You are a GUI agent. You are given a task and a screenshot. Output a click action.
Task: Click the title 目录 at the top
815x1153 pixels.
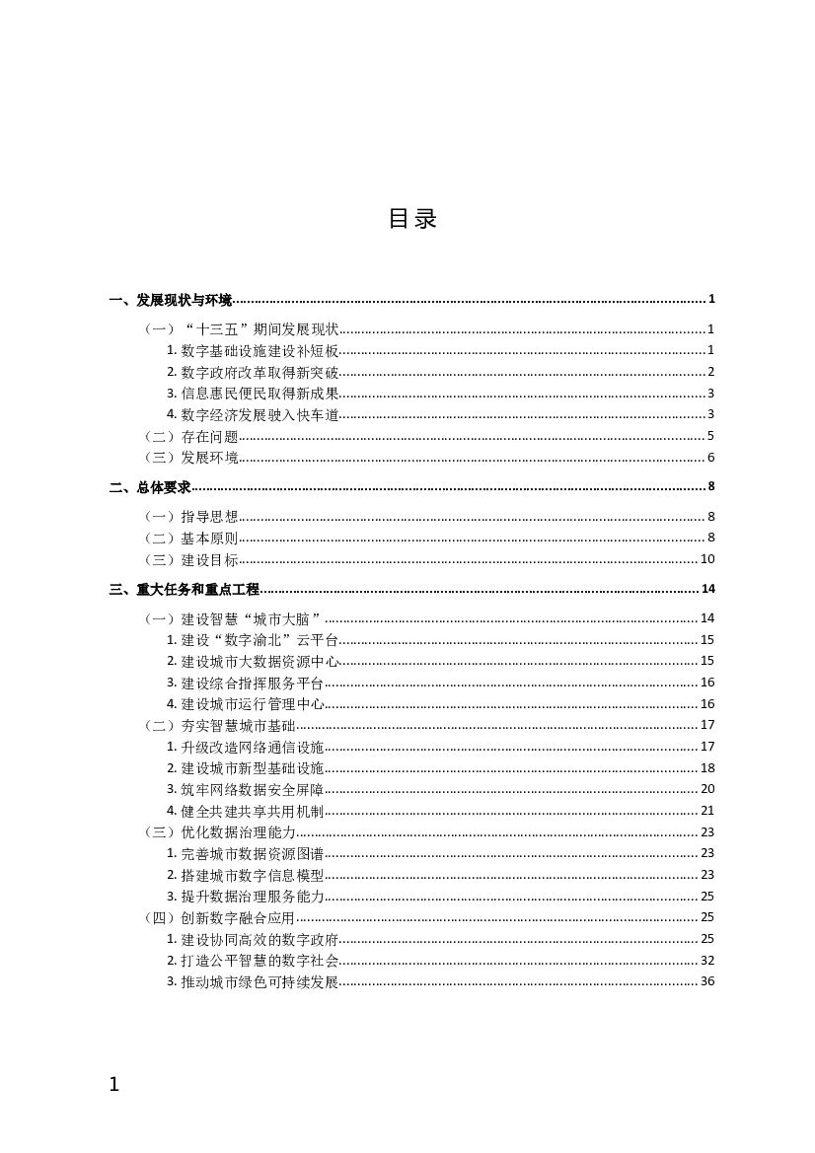(x=412, y=219)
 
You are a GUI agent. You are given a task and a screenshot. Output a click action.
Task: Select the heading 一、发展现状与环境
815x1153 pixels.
(x=171, y=300)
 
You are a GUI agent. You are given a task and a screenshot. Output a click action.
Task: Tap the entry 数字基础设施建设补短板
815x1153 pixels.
(x=259, y=350)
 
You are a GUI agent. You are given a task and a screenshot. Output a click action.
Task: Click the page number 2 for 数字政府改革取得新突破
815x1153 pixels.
(x=710, y=372)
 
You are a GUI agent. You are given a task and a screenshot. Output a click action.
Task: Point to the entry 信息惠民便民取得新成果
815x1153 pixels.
(x=259, y=394)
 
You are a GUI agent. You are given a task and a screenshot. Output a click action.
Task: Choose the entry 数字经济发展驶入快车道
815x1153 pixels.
(x=259, y=415)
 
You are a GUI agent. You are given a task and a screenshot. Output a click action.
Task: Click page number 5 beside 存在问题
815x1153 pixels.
(x=710, y=436)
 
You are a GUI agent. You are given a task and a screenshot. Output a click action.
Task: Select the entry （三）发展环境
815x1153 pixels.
(x=190, y=458)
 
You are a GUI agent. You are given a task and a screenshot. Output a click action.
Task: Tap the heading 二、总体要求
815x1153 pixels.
(x=150, y=487)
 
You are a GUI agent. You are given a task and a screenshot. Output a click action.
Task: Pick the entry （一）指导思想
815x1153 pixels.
(x=190, y=517)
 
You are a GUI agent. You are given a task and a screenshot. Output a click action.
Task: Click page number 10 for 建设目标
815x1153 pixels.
(x=706, y=559)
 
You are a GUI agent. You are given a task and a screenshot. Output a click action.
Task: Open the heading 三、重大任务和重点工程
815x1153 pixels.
(x=185, y=590)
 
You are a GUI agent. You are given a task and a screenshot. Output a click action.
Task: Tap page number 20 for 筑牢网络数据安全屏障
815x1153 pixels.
(x=706, y=789)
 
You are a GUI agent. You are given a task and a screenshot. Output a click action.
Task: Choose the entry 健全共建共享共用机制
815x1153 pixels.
(x=252, y=811)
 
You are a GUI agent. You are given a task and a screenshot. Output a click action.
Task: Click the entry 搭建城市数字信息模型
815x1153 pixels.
(x=252, y=875)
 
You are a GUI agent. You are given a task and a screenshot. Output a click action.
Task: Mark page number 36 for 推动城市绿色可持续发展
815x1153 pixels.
(x=706, y=981)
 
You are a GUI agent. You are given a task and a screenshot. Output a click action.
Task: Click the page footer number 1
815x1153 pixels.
(x=113, y=1085)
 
